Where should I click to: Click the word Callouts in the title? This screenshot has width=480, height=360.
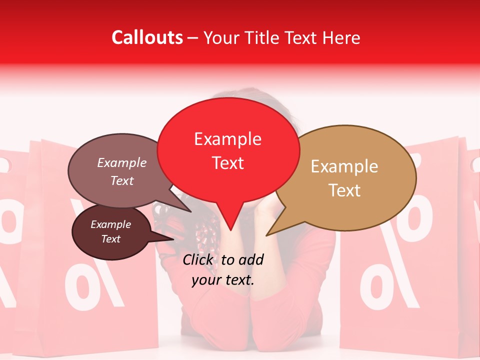click(x=147, y=37)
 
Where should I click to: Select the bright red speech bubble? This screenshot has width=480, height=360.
click(x=228, y=150)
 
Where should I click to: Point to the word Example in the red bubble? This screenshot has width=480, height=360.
click(x=227, y=139)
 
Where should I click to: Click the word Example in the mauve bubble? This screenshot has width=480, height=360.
click(x=121, y=162)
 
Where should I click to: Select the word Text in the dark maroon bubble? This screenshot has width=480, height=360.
click(x=110, y=239)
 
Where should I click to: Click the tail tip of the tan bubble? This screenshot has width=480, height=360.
click(x=267, y=235)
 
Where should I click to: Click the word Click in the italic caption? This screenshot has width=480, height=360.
click(x=199, y=259)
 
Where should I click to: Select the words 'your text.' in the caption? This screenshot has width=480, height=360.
click(x=223, y=280)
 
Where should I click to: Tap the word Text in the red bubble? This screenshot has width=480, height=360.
click(x=227, y=163)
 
